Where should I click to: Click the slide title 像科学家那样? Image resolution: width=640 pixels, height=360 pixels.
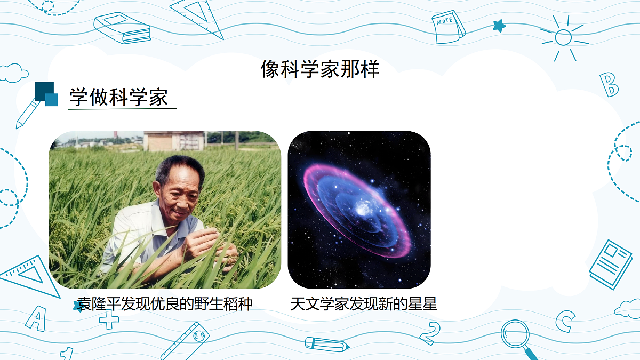[x=320, y=69]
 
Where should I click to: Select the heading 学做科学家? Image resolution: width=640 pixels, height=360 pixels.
[x=118, y=98]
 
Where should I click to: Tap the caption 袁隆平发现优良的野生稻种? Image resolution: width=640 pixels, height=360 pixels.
[x=165, y=304]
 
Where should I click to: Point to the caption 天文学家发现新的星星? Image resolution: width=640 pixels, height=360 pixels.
[x=363, y=304]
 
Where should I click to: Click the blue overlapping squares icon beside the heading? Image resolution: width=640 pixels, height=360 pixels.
[x=46, y=94]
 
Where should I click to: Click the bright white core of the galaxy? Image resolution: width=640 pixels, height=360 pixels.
[x=365, y=207]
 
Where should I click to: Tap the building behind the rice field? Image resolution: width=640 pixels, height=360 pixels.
[x=174, y=141]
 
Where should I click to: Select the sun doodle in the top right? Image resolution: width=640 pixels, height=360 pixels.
[x=563, y=37]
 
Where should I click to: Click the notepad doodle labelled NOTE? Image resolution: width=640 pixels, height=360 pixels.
[x=447, y=27]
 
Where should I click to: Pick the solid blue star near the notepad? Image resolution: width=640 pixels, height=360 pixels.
[x=499, y=25]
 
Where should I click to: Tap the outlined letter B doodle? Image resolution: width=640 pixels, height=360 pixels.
[x=609, y=85]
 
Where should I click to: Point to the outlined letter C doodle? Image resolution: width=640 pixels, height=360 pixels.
[x=565, y=321]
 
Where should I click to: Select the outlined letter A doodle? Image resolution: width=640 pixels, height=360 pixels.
[x=36, y=318]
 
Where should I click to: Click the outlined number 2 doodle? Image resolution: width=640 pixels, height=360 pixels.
[x=430, y=333]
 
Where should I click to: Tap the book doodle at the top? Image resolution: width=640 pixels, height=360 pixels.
[x=122, y=28]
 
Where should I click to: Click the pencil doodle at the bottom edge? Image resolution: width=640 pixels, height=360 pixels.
[x=327, y=345]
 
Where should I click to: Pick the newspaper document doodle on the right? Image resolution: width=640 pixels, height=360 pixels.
[x=611, y=265]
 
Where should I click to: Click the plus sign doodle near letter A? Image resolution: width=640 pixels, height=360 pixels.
[x=109, y=319]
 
